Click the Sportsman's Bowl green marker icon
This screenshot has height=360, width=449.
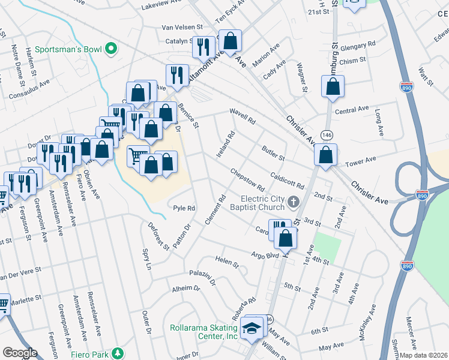point(110,49)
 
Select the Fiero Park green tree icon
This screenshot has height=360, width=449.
point(119,352)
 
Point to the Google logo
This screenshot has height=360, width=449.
point(20,352)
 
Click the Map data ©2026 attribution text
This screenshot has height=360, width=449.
point(424,355)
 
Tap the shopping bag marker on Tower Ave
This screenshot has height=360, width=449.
point(325,155)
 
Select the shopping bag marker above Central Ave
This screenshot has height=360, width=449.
point(332,86)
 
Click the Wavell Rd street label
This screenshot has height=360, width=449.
point(243,116)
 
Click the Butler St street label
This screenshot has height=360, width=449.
point(272,153)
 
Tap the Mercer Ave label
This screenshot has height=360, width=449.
point(411,329)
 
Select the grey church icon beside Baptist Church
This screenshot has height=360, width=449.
point(294,201)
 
